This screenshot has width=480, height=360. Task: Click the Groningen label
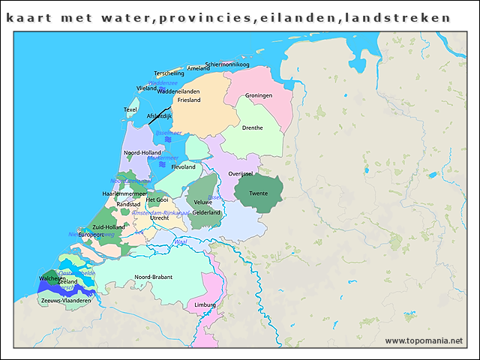[259, 96]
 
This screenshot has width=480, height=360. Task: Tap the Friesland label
[189, 100]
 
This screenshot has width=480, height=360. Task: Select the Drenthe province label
[253, 127]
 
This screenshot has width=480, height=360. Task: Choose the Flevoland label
[183, 167]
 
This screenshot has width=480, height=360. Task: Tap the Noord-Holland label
[141, 153]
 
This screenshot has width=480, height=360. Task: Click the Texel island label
[130, 109]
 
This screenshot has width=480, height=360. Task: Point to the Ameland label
[198, 68]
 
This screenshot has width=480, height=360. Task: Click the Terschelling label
[169, 73]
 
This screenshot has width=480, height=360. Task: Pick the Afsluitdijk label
[159, 115]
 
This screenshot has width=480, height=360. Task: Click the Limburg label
[205, 305]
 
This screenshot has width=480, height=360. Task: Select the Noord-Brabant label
[153, 277]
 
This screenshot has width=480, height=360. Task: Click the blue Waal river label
[180, 241]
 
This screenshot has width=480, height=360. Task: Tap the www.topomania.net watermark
[424, 340]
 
